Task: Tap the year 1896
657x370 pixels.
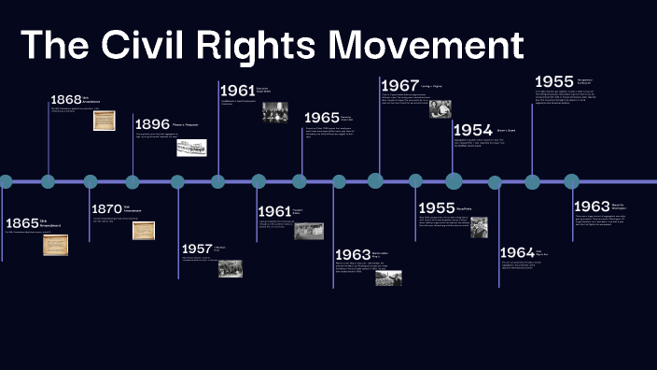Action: click(152, 124)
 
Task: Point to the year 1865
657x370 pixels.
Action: click(21, 223)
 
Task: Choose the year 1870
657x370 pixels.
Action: click(107, 208)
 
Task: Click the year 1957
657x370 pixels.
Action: click(197, 249)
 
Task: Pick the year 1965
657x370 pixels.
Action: click(321, 118)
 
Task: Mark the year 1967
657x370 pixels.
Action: click(399, 85)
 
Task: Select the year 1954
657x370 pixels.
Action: click(472, 130)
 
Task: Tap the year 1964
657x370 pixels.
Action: click(517, 252)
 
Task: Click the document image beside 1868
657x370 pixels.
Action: click(105, 121)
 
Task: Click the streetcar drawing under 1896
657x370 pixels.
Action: click(191, 148)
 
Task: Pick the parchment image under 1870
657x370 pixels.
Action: click(144, 230)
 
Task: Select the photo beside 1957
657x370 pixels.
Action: click(231, 268)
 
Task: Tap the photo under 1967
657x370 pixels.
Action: click(440, 108)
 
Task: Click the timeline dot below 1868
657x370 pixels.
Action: click(48, 181)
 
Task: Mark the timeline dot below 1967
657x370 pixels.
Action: click(375, 181)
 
